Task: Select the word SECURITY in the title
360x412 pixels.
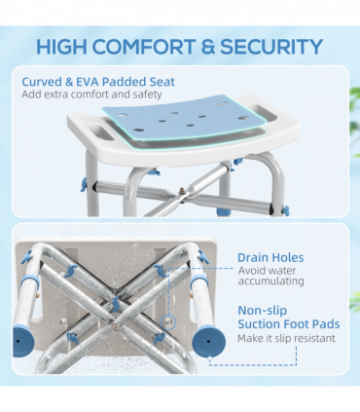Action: tap(275, 46)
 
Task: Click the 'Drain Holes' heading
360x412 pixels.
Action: tap(270, 257)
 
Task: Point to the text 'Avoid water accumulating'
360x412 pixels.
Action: tap(271, 275)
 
